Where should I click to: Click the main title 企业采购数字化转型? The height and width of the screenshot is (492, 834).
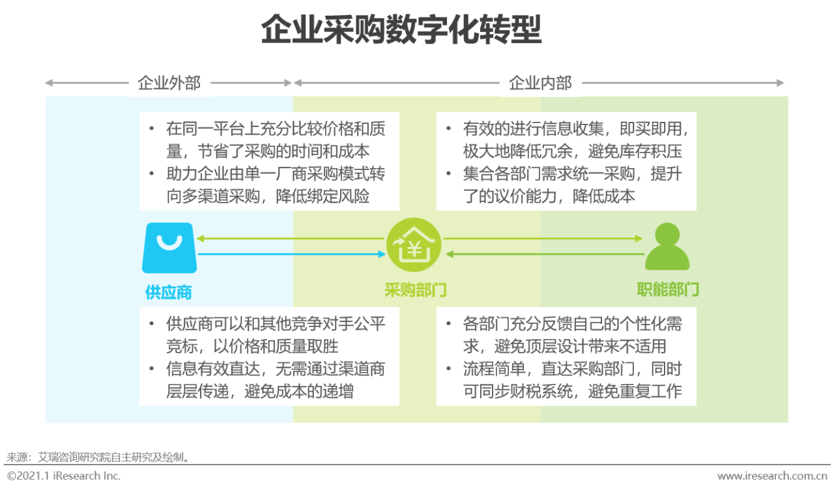coord(401,29)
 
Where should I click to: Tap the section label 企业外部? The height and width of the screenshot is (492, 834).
coord(169,83)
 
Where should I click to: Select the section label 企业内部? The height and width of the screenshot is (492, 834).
coord(540,83)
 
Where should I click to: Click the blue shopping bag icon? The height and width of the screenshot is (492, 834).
coord(169,248)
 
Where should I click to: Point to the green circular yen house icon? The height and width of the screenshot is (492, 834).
coord(414,244)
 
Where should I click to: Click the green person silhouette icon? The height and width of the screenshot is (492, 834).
coord(667,246)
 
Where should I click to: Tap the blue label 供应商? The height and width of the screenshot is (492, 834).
coord(169,293)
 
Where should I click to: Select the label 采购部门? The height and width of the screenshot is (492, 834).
coord(416,290)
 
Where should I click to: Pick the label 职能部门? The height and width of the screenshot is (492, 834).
coord(668,289)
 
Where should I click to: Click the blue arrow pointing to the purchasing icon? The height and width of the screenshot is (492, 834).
coord(291,254)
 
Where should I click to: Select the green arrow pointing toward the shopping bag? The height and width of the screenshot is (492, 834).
coord(290,239)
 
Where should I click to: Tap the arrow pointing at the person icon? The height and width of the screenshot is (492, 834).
coord(543,239)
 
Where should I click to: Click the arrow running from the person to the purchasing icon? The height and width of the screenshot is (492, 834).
coord(545,254)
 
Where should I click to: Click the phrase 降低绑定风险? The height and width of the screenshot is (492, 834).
coord(323,196)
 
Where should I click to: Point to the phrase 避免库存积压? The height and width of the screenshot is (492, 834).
coord(635,151)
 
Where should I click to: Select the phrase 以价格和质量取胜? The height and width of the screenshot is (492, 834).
coord(276,347)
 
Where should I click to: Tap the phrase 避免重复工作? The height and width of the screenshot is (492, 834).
coord(635,392)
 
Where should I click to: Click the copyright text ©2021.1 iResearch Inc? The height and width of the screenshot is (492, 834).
coord(64,476)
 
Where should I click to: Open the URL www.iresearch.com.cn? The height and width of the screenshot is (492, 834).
coord(772,476)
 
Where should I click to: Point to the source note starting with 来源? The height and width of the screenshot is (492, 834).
coord(98,457)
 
